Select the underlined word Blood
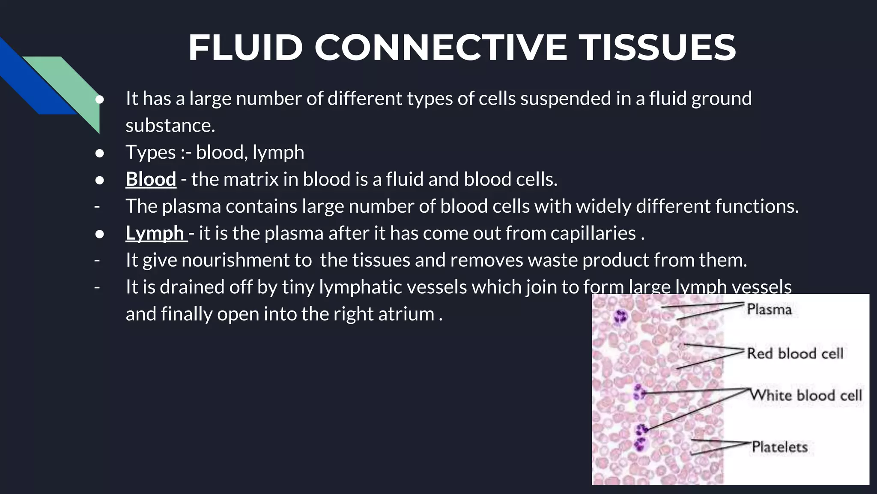151,179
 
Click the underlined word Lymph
155,233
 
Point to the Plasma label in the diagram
769,309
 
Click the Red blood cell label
795,353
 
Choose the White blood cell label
806,395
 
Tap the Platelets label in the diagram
779,447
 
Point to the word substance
170,126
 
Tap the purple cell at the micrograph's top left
620,317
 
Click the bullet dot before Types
99,153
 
